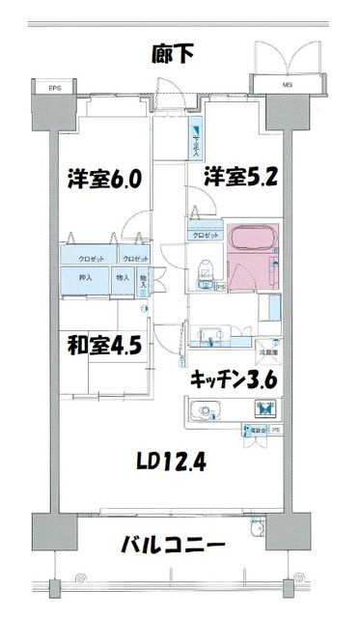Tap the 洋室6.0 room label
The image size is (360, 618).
104,179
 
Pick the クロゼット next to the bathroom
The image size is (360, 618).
204,235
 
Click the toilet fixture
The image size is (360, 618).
204,271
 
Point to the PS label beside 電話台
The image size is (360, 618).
276,430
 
